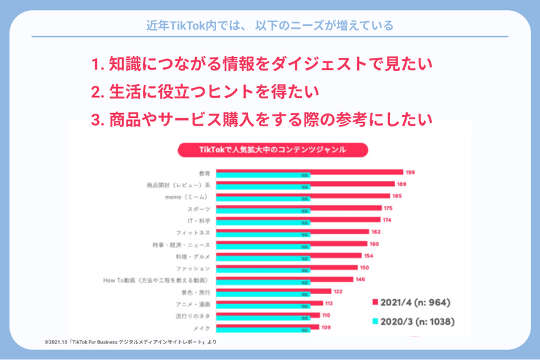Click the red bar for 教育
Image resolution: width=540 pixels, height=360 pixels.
[309, 171]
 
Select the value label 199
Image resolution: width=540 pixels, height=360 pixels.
[411, 172]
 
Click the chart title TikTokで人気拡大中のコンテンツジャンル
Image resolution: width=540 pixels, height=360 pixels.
[272, 150]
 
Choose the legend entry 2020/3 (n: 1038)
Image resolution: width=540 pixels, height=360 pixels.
[413, 322]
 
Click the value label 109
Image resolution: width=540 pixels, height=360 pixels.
[327, 328]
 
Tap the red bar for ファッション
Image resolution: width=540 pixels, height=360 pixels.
[286, 267]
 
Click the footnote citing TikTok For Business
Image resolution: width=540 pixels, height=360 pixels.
[130, 342]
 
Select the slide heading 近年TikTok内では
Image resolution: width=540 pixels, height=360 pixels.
[269, 26]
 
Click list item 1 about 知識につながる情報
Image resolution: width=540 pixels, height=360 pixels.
[261, 64]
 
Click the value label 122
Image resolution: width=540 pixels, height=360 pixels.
[337, 291]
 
